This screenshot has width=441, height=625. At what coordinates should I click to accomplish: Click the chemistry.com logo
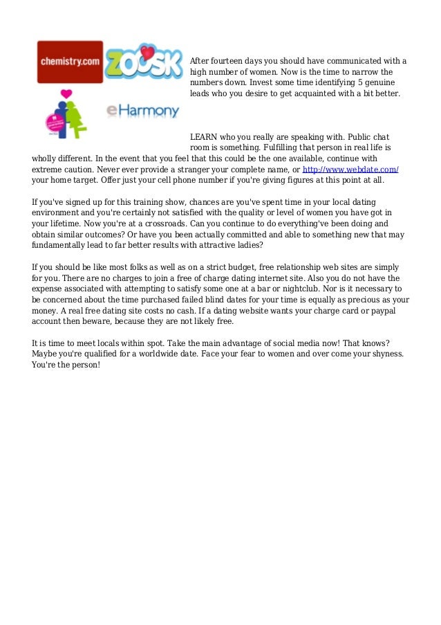click(x=70, y=61)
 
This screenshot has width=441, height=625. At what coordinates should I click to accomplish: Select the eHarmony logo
click(x=142, y=110)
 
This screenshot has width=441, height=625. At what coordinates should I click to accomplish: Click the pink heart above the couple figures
click(x=66, y=94)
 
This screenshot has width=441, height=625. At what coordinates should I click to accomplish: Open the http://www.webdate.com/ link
click(x=351, y=169)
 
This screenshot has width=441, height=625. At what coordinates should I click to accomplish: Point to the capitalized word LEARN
click(x=204, y=136)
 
